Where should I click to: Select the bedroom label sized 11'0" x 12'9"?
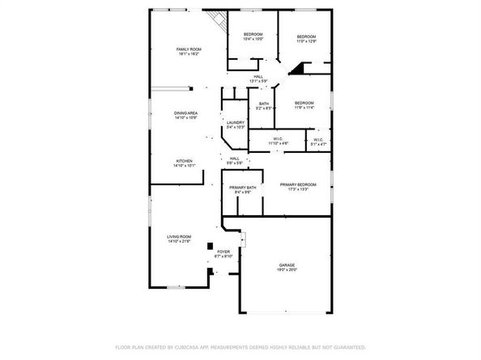[x=305, y=38]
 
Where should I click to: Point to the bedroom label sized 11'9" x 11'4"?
[x=304, y=105]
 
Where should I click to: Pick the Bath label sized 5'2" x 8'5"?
[x=264, y=106]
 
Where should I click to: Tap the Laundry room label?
[x=236, y=125]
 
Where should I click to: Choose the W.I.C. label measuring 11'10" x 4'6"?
[x=278, y=141]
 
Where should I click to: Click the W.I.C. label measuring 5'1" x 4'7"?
[x=318, y=141]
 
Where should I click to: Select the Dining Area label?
[x=186, y=115]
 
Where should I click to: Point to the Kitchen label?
[x=183, y=163]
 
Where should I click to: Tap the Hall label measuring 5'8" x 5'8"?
[x=234, y=160]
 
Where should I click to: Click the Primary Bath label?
[x=243, y=189]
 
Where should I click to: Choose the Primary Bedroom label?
[x=298, y=187]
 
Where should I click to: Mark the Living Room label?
[x=179, y=239]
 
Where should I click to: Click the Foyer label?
[x=223, y=254]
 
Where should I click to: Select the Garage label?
[x=287, y=267]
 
